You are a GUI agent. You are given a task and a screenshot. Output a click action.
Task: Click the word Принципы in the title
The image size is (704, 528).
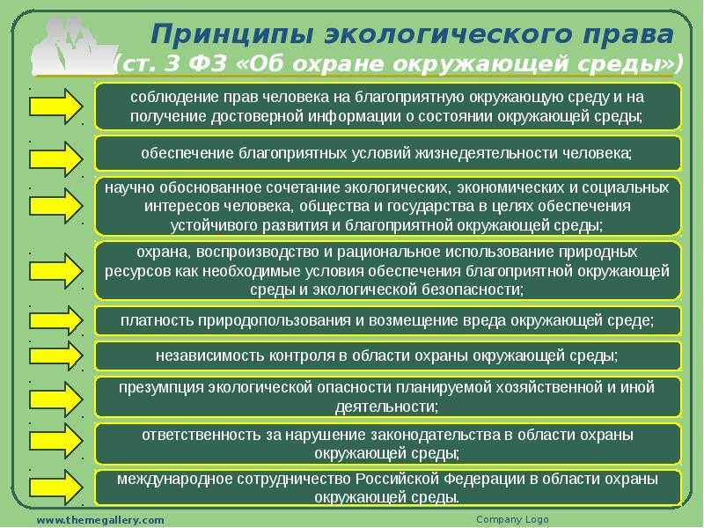tap(231, 35)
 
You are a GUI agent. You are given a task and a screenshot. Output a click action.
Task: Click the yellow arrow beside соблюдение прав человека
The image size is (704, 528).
tap(56, 106)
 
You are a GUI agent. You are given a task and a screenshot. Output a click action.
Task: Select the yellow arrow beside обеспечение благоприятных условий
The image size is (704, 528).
tap(56, 158)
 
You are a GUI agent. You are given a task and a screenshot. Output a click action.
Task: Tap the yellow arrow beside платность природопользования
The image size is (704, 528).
tap(56, 320)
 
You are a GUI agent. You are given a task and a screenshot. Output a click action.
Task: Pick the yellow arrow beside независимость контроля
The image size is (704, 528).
tap(56, 356)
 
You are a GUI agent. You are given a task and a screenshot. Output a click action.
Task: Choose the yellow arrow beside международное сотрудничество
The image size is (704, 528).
tap(56, 488)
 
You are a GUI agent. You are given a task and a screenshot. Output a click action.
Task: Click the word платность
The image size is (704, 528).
tap(158, 320)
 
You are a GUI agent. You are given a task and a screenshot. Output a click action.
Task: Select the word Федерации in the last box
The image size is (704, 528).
tap(484, 479)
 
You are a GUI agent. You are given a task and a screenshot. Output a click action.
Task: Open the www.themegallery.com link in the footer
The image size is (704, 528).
tap(100, 520)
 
